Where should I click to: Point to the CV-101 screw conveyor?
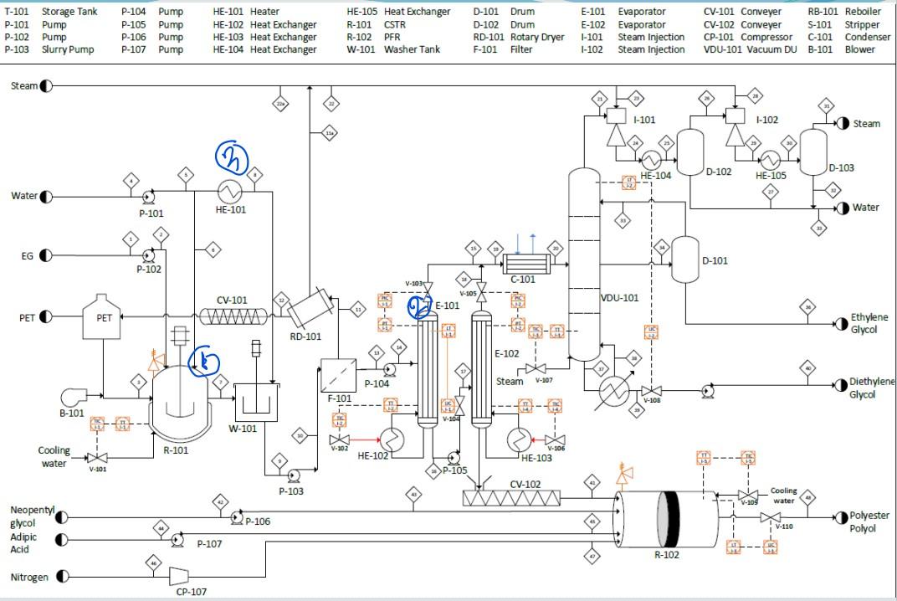pyautogui.click(x=233, y=317)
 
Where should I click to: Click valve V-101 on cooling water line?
pyautogui.click(x=99, y=458)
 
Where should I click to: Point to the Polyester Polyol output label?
pyautogui.click(x=869, y=522)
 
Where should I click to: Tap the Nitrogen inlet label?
pyautogui.click(x=29, y=577)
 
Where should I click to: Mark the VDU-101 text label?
pyautogui.click(x=619, y=298)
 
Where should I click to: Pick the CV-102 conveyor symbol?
pyautogui.click(x=512, y=498)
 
